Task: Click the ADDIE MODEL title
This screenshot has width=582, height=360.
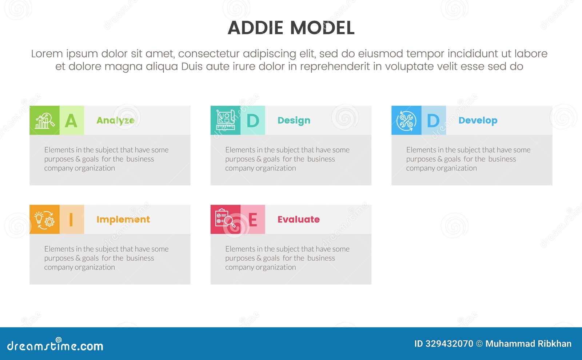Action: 291,28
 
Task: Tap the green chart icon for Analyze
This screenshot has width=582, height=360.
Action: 44,120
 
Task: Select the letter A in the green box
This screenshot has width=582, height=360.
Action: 71,121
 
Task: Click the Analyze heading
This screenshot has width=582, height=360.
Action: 115,120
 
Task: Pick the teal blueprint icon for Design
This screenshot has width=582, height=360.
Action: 226,120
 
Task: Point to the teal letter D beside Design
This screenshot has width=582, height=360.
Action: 253,121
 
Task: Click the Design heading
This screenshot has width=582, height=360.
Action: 294,120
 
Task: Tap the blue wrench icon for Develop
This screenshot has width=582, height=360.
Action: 406,120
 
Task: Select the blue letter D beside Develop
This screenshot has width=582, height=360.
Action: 433,121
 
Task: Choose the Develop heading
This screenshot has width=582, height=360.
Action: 478,120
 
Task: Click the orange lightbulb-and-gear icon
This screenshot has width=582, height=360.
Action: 44,220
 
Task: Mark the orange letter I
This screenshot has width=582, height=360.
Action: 71,220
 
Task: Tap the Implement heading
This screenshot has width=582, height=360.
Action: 123,220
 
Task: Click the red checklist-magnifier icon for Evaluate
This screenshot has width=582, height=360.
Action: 226,219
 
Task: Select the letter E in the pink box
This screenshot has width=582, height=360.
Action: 253,220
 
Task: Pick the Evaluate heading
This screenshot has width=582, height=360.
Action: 298,220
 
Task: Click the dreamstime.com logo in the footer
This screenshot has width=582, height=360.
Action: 55,345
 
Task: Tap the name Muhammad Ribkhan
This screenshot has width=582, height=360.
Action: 528,344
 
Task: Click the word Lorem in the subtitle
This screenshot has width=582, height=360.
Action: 47,54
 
